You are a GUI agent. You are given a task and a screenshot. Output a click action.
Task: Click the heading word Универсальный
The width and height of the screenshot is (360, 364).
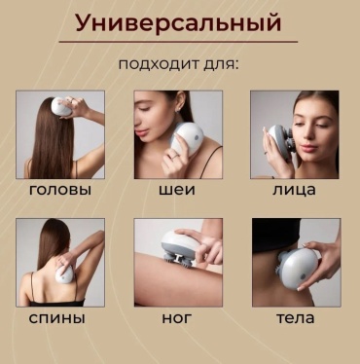coord(178,23)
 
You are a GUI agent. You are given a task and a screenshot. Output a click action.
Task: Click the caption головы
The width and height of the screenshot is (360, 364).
coord(60,190)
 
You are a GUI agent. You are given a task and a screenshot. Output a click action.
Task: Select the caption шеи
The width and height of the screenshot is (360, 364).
coord(177,190)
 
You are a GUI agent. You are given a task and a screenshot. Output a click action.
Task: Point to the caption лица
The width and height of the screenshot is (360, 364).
coord(294,190)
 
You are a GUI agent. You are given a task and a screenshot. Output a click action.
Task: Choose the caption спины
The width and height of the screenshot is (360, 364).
coord(57,318)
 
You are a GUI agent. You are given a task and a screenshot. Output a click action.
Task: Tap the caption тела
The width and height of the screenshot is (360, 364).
coord(296,318)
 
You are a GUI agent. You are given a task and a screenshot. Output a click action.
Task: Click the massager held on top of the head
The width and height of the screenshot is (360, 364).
coord(61,106)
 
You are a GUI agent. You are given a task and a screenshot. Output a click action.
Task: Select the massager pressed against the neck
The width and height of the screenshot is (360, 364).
coord(188,139)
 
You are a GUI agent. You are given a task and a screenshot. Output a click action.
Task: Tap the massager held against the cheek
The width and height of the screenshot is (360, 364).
coord(279,142)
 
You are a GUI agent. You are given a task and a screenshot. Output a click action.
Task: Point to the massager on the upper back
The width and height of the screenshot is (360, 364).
coord(65,274)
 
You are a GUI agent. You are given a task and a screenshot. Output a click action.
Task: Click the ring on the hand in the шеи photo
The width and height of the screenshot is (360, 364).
coord(175,156)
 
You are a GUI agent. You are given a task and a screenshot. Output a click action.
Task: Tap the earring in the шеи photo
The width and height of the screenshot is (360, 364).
coord(178,110)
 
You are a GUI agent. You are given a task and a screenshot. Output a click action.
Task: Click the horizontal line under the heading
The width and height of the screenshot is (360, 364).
coord(178,42)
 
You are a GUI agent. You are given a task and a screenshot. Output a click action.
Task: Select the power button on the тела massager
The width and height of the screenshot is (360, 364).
coord(304,276)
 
